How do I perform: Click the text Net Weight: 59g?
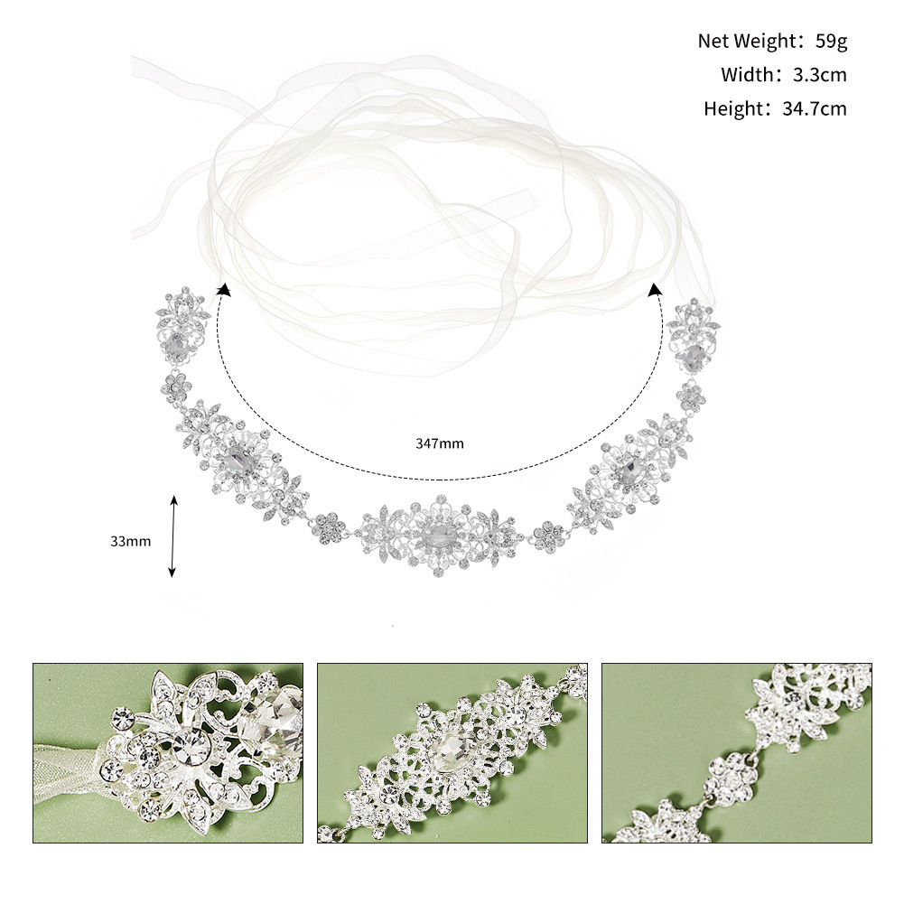coord(772,41)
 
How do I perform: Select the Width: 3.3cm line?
coord(783,75)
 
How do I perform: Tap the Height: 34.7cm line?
coord(775,109)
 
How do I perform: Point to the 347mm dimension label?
coord(440,443)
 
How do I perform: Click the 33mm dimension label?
coord(130,541)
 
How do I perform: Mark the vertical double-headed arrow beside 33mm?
coord(172,536)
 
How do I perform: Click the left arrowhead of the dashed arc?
coord(222,288)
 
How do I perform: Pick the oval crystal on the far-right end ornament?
coord(694,358)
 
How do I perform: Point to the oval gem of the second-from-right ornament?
coord(628,468)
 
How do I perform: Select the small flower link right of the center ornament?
coord(548,535)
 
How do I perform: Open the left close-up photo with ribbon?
coord(168,753)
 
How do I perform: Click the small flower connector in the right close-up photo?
coord(729,773)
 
